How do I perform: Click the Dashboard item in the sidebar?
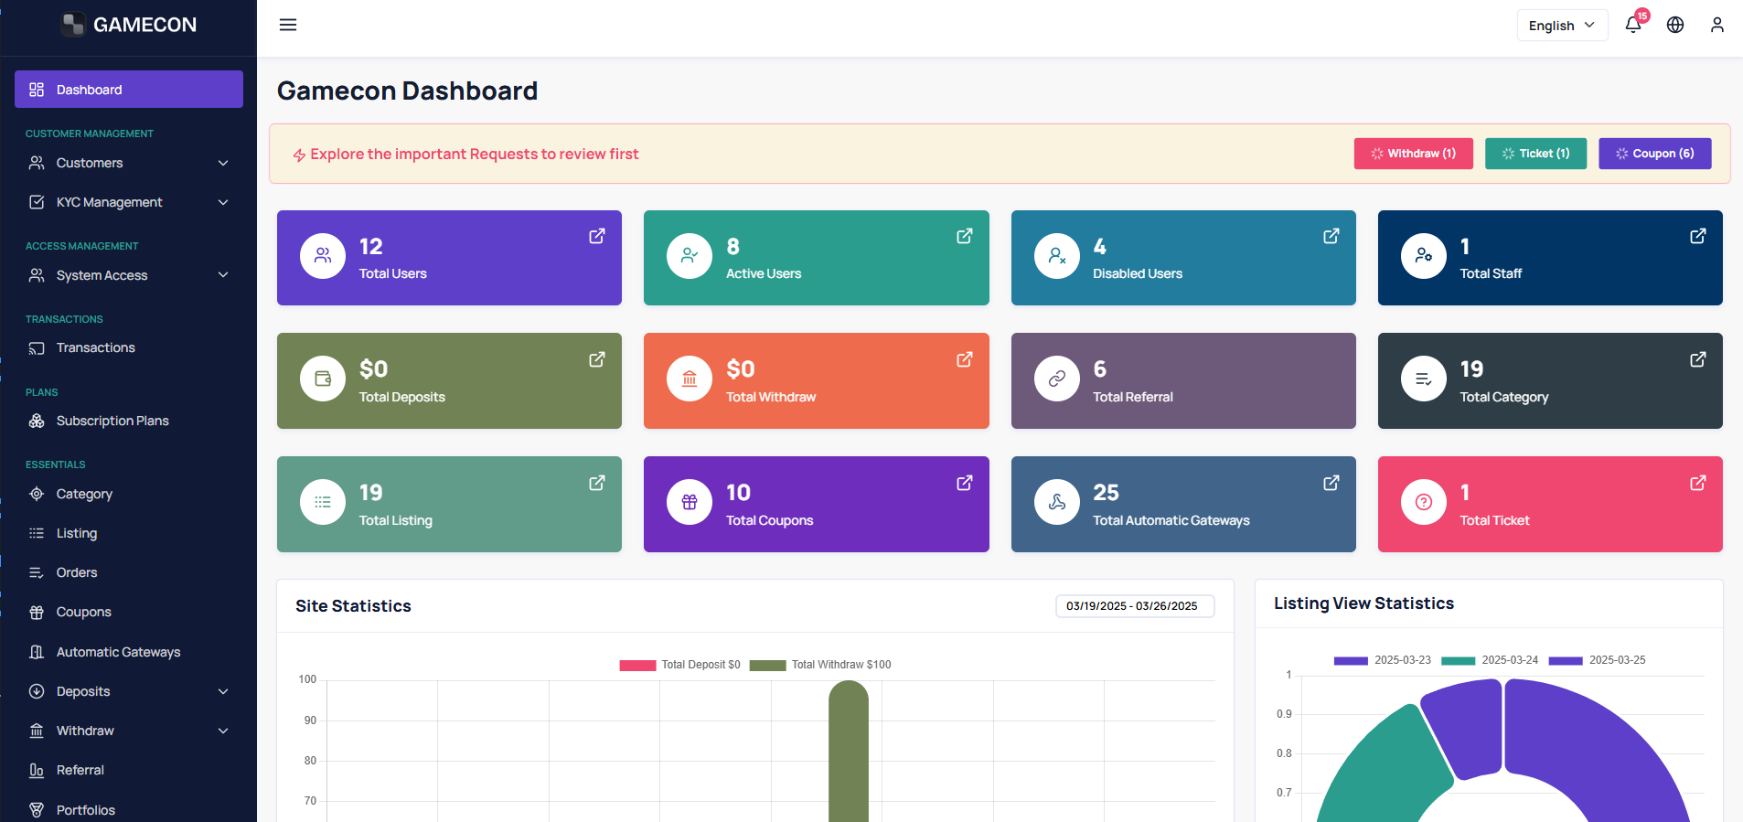129,90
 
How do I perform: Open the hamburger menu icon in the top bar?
288,25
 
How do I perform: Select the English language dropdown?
1562,26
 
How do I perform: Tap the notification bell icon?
1633,25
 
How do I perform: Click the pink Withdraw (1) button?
1413,154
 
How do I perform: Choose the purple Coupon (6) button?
1655,154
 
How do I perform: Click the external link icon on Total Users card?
597,236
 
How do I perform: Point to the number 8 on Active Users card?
732,247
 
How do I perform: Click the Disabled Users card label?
1138,273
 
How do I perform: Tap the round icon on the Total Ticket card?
1424,502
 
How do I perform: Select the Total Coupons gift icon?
690,502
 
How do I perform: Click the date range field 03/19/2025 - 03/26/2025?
1135,606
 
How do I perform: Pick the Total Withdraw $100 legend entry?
820,665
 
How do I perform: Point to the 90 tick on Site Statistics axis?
310,721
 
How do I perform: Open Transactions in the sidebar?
95,347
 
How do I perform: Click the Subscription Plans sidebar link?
112,421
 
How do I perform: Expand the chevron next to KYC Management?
223,202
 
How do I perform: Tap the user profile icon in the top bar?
1717,25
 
